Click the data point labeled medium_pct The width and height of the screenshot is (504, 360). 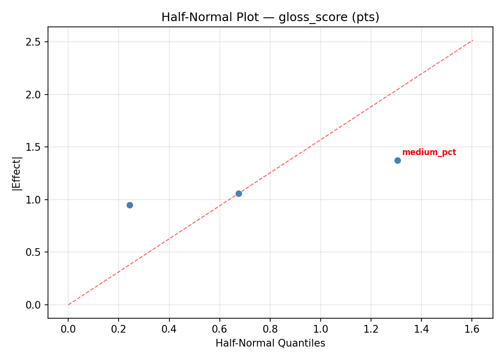pyautogui.click(x=397, y=160)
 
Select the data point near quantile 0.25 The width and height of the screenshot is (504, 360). pyautogui.click(x=130, y=205)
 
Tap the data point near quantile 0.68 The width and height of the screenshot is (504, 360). pyautogui.click(x=239, y=193)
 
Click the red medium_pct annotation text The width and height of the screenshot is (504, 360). pyautogui.click(x=429, y=153)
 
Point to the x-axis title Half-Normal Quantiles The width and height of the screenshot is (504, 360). pyautogui.click(x=270, y=343)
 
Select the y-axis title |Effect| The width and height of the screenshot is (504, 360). pyautogui.click(x=17, y=173)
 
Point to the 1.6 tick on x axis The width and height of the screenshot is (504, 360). pyautogui.click(x=472, y=329)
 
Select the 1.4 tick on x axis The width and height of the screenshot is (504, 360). pyautogui.click(x=421, y=329)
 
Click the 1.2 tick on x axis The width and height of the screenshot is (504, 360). pyautogui.click(x=371, y=329)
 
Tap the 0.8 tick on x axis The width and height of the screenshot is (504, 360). pyautogui.click(x=270, y=329)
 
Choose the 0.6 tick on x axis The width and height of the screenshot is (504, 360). pyautogui.click(x=219, y=329)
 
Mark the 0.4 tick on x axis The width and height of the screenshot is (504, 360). pyautogui.click(x=169, y=329)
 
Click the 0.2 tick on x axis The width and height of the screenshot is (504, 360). pyautogui.click(x=119, y=329)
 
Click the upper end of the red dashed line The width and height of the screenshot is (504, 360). pyautogui.click(x=473, y=40)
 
